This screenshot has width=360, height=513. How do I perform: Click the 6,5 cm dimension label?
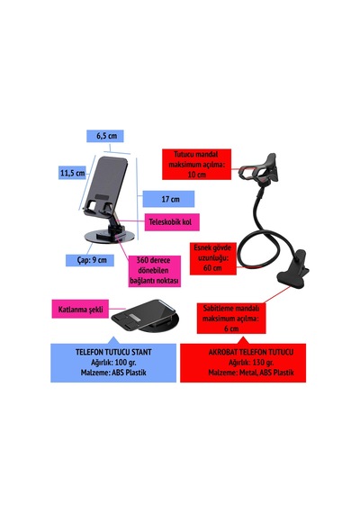pyautogui.click(x=105, y=136)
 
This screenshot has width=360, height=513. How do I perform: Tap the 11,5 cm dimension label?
pyautogui.click(x=72, y=173)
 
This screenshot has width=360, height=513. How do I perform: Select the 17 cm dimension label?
pyautogui.click(x=168, y=199)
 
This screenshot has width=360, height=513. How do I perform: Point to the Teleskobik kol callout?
pyautogui.click(x=172, y=222)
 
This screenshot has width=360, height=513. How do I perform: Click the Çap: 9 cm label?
pyautogui.click(x=90, y=260)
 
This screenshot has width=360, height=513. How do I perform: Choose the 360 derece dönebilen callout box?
pyautogui.click(x=155, y=271)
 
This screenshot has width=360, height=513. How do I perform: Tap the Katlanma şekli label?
pyautogui.click(x=80, y=310)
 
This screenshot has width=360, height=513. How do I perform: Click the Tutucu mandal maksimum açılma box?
pyautogui.click(x=197, y=164)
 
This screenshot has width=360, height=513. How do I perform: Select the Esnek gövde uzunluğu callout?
pyautogui.click(x=213, y=258)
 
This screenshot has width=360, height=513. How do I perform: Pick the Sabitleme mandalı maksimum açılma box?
pyautogui.click(x=231, y=319)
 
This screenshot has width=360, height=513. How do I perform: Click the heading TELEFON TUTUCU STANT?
pyautogui.click(x=113, y=353)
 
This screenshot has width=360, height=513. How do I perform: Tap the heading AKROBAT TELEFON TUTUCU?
pyautogui.click(x=251, y=353)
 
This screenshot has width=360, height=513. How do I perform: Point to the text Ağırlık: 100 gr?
pyautogui.click(x=113, y=363)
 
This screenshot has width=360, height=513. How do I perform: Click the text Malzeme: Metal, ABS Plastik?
pyautogui.click(x=251, y=373)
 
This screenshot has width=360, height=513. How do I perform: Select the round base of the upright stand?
pyautogui.click(x=109, y=237)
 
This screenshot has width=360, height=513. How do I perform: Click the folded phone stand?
pyautogui.click(x=146, y=316)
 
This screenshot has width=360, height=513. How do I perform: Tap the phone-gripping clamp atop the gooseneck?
pyautogui.click(x=260, y=170)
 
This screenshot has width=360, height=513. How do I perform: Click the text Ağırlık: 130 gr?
pyautogui.click(x=251, y=363)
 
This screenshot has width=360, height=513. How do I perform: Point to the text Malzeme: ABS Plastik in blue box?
pyautogui.click(x=113, y=373)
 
